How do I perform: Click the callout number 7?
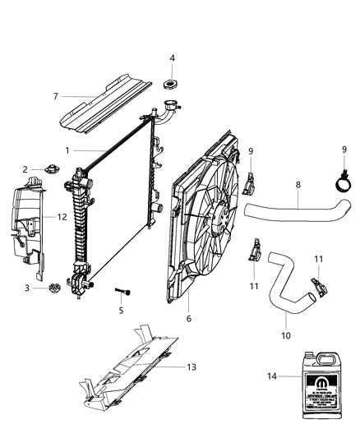coord(55,96)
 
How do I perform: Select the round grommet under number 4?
coord(173,83)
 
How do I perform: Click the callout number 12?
coord(61,217)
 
